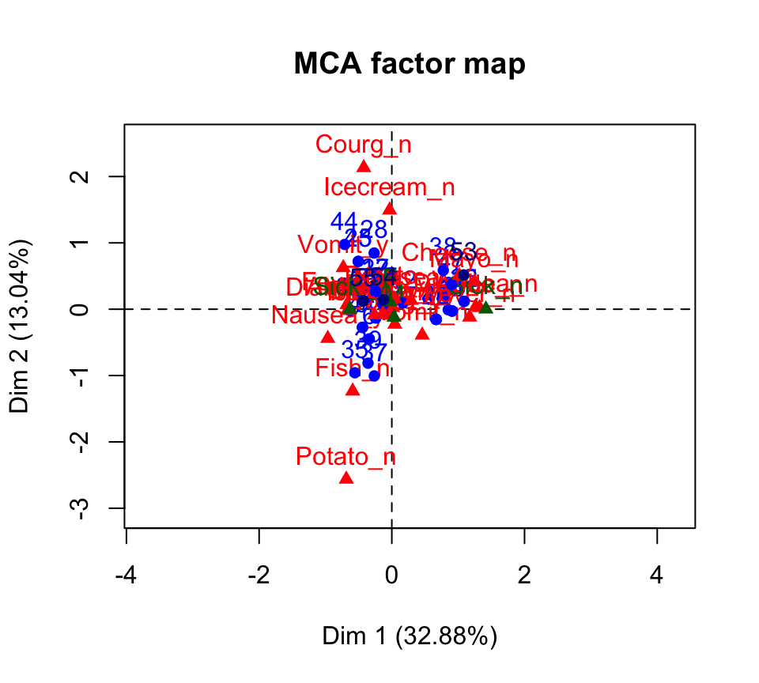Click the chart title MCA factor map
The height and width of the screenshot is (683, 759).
click(x=409, y=64)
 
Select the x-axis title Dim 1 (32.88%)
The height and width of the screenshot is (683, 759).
click(x=409, y=636)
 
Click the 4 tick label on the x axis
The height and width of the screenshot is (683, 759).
click(x=657, y=574)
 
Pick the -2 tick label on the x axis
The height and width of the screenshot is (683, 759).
click(x=259, y=574)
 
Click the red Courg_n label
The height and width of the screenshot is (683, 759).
click(x=363, y=145)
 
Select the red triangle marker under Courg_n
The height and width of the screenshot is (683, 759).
click(x=364, y=166)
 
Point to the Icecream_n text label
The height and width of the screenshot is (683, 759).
click(x=389, y=187)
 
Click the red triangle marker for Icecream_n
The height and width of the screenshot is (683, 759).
click(x=389, y=208)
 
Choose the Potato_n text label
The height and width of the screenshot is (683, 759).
click(x=346, y=457)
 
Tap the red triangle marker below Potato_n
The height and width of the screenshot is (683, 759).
click(x=346, y=477)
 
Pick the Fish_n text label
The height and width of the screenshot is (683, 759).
click(x=352, y=368)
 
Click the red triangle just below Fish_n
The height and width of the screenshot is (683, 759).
click(x=353, y=389)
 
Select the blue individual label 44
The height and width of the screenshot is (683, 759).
click(x=344, y=221)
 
